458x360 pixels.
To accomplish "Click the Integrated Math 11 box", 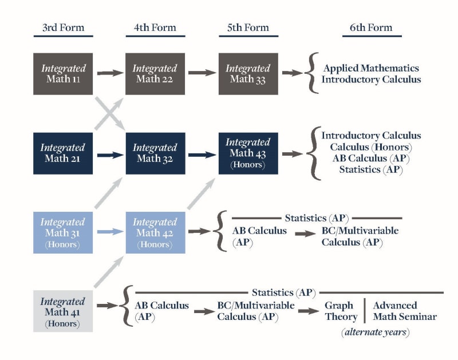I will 63,74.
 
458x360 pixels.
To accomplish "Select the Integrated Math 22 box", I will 155,74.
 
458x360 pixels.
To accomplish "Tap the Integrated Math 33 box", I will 248,74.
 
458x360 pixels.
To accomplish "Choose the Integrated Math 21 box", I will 63,153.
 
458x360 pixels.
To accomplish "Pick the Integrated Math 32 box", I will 155,153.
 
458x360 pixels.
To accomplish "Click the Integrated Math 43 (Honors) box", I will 248,153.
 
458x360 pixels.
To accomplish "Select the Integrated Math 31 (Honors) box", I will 63,233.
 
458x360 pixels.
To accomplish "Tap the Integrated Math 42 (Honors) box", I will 155,233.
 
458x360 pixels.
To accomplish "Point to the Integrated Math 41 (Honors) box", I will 63,312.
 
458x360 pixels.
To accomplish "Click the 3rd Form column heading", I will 63,27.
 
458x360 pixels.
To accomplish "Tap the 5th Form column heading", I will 248,27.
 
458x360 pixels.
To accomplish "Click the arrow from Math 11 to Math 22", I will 110,73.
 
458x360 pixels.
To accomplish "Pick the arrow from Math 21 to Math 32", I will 110,155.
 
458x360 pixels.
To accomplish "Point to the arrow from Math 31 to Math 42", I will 110,232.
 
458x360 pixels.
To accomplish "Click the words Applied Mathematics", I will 371,68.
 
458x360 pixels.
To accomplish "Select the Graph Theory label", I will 341,311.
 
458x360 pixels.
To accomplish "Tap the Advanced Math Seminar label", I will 404,311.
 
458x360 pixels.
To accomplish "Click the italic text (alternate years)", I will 374,333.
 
